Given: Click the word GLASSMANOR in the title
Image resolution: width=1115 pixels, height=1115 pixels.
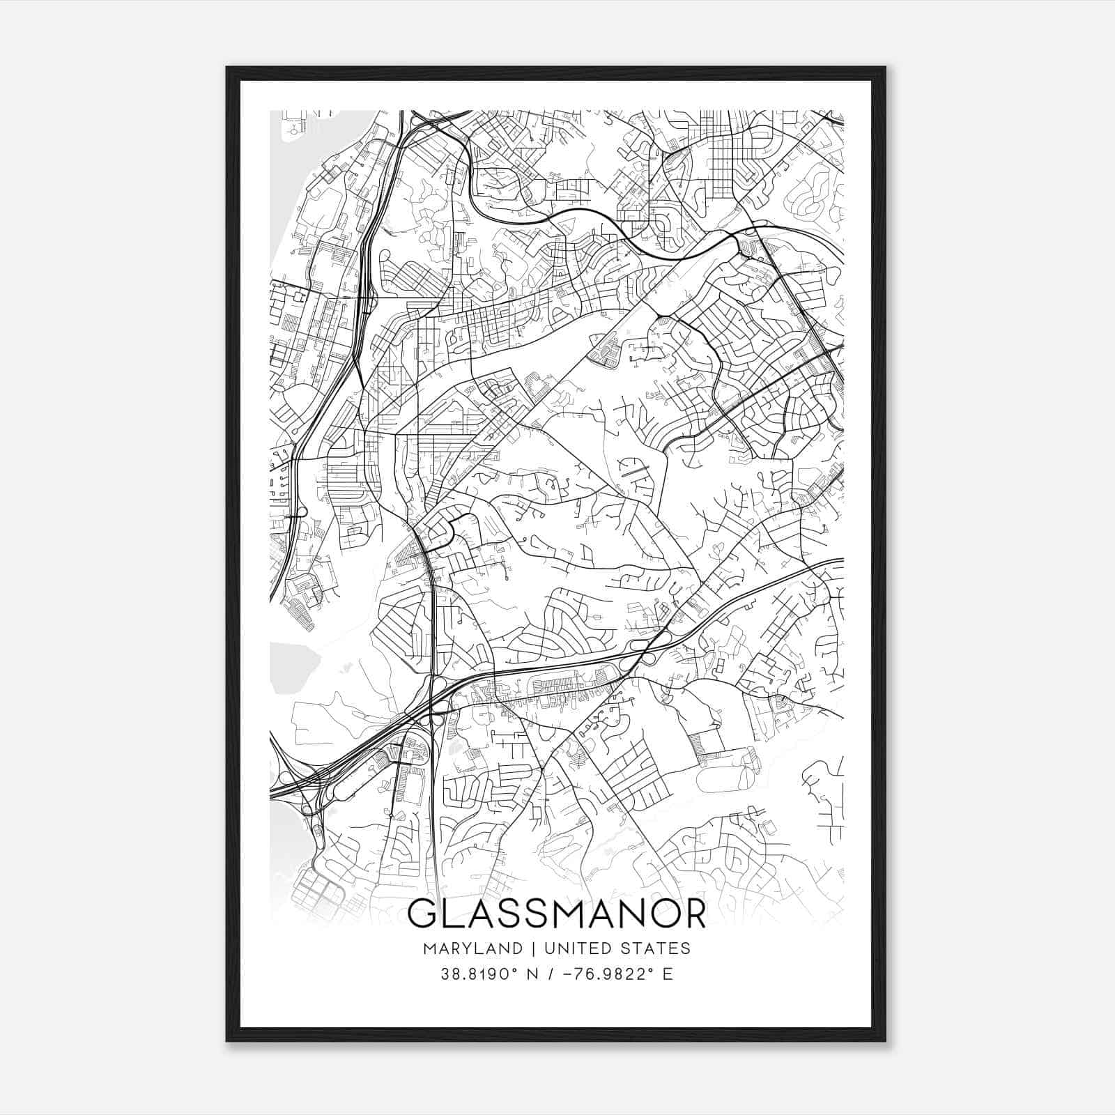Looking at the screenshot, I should tap(556, 914).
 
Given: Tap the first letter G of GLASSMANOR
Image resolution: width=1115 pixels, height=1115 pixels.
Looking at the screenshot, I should tap(424, 914).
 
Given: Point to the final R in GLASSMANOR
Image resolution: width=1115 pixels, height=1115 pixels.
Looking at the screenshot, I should tap(692, 914).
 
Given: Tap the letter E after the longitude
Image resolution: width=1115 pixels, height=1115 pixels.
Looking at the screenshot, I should tap(668, 974).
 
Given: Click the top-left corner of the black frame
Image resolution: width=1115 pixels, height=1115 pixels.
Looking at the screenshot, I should tap(228, 68).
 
